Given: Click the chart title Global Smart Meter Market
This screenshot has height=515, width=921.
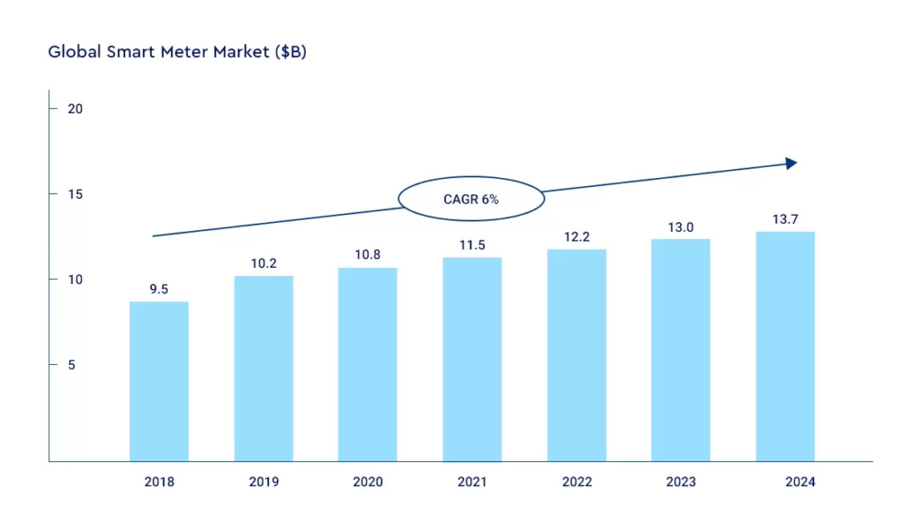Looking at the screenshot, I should [177, 52].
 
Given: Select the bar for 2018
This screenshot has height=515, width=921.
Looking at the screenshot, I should [159, 381].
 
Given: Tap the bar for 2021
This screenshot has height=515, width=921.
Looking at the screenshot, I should [472, 360].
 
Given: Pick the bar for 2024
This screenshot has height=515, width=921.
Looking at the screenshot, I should [785, 346].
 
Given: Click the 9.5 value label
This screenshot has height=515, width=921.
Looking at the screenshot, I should [159, 289].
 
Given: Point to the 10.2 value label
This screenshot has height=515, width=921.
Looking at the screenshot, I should [264, 264].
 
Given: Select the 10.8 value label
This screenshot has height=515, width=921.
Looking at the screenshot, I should [368, 255].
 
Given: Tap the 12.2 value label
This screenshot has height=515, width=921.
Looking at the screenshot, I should [577, 236].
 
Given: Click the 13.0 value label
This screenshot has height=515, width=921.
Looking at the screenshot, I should [681, 227].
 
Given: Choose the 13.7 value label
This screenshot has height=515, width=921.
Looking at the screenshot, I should [785, 219].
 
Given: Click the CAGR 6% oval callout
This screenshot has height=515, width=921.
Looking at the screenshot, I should [470, 200].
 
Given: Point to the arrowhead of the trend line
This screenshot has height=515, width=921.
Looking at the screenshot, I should [791, 164].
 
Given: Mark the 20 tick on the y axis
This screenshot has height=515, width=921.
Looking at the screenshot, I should [76, 109].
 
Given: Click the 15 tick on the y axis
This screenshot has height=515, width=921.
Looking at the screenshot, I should [76, 194].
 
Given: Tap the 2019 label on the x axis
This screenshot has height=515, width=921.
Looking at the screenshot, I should [264, 483].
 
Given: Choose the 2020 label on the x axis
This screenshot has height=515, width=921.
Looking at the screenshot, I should [368, 483].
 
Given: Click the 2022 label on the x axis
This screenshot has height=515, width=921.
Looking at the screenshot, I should [577, 483].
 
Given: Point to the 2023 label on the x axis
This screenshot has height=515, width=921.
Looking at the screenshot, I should [681, 483].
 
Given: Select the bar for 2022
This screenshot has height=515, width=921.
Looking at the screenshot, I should [577, 355].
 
